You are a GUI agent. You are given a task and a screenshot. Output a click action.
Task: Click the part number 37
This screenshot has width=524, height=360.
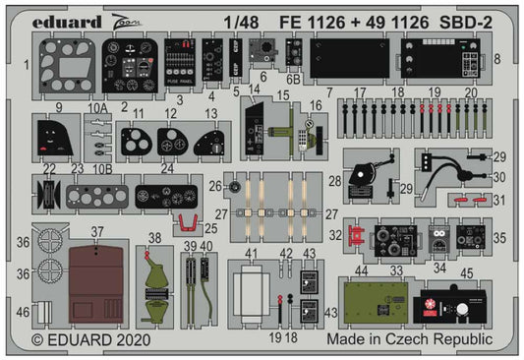[95, 232]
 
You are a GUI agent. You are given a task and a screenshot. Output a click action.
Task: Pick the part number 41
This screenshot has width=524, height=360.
[253, 253]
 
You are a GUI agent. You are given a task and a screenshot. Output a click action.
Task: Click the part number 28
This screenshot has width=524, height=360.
[335, 180]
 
